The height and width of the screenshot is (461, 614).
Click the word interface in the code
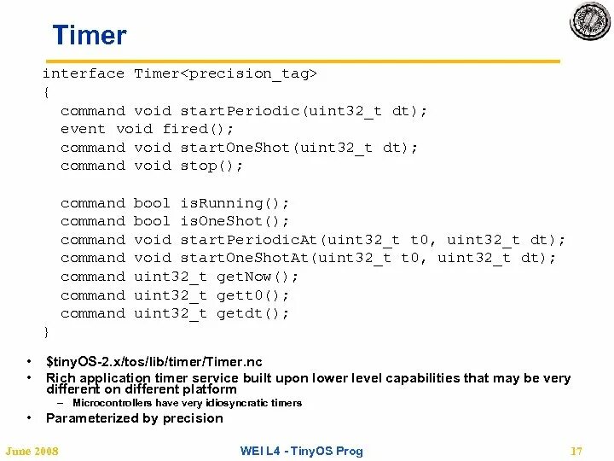coord(84,73)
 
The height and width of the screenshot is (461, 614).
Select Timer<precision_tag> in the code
coord(226,73)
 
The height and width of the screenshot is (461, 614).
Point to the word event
coord(83,129)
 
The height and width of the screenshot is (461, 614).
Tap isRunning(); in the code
coord(235,203)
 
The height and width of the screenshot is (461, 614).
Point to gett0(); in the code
coord(254,295)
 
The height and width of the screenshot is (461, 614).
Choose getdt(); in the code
coord(254,313)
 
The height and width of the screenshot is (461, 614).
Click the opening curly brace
coord(46,91)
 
